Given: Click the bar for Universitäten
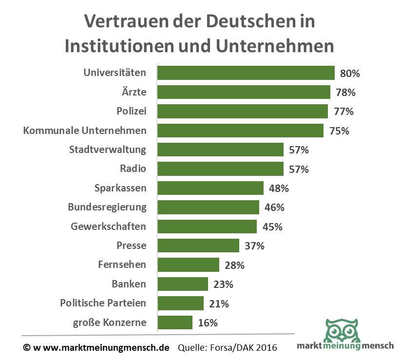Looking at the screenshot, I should click(x=246, y=73).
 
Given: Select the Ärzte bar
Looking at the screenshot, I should click(x=244, y=92).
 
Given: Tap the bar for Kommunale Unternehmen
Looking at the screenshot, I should click(x=240, y=131).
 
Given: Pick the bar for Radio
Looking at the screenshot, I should click(x=220, y=169).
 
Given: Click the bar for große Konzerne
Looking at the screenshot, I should click(x=175, y=322).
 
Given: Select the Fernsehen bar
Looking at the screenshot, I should click(x=188, y=265).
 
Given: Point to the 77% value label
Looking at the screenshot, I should click(x=344, y=112).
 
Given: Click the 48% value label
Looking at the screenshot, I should click(x=279, y=188).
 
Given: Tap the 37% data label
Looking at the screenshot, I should click(x=254, y=246).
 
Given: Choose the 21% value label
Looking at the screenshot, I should click(x=219, y=303).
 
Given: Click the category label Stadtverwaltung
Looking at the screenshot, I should click(x=108, y=150).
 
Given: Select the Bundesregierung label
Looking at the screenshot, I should click(x=107, y=207).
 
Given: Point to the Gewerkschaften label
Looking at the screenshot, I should click(x=108, y=227).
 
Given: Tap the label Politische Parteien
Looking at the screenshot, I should click(x=103, y=303).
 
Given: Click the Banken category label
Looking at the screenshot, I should click(x=129, y=284).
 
